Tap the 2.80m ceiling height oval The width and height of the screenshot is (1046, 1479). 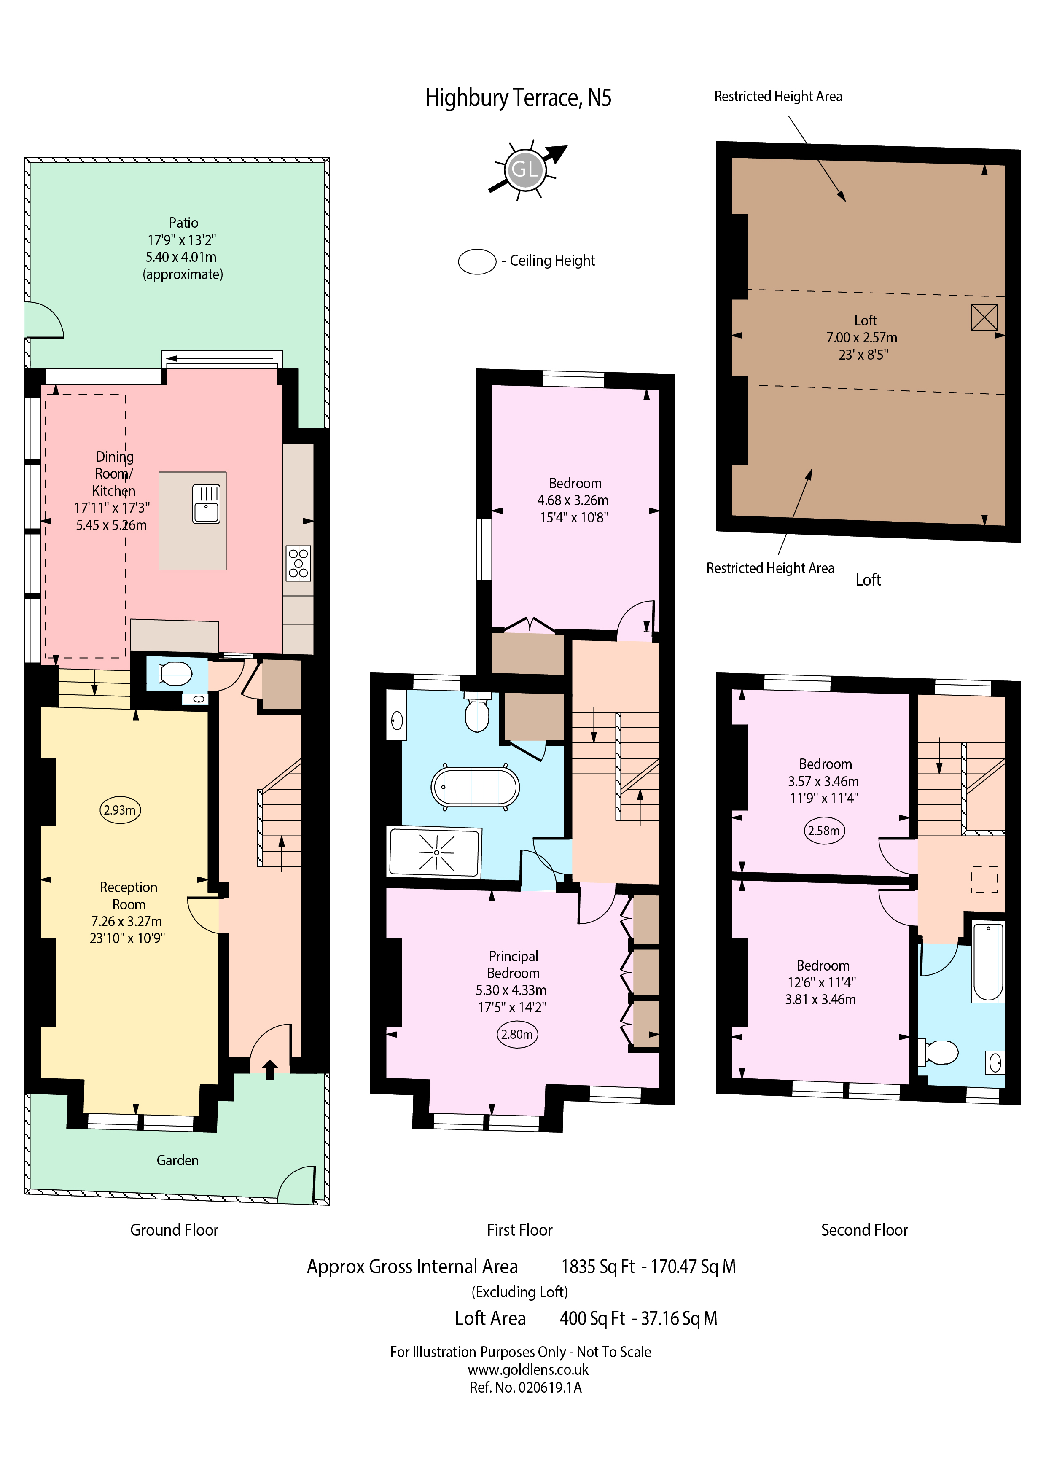(x=517, y=1035)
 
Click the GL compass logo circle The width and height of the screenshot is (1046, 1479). (x=524, y=170)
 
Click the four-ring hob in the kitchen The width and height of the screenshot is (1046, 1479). (x=298, y=562)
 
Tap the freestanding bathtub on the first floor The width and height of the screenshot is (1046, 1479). (x=475, y=787)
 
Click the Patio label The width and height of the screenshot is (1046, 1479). (x=183, y=223)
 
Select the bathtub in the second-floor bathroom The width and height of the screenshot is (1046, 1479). (x=988, y=963)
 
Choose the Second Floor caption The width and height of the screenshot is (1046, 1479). (x=864, y=1230)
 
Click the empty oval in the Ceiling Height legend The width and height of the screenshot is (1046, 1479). (x=477, y=261)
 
